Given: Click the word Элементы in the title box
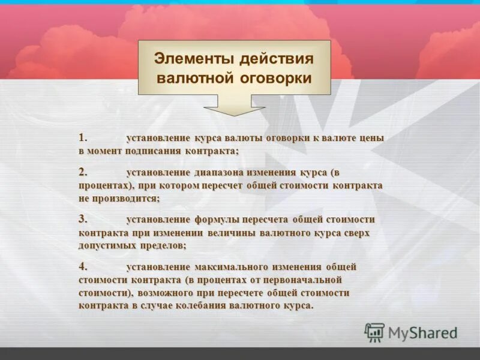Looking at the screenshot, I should point(192,59).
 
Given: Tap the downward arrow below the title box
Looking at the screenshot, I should point(234,106).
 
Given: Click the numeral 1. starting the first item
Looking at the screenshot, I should point(83,137).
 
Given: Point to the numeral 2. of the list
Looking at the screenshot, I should point(83,172).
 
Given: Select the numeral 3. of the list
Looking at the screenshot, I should point(83,219).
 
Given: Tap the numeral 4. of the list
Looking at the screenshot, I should point(83,266).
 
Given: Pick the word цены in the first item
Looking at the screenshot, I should point(371,138).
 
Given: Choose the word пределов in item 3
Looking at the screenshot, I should point(164,246).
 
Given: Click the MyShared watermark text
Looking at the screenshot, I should point(422,332).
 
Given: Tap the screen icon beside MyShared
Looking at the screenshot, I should point(374,332).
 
